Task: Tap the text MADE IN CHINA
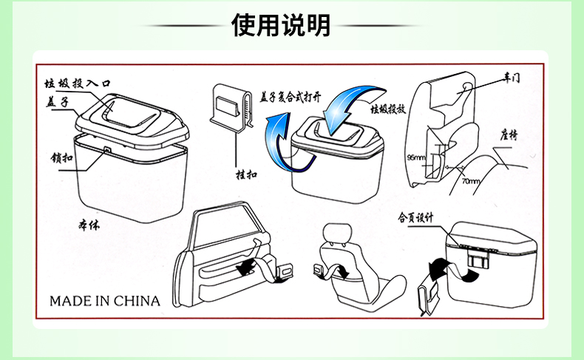point(104,301)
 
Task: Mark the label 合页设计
point(415,218)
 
